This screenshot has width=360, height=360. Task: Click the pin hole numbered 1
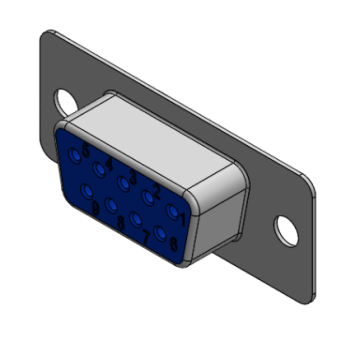pos(172,211)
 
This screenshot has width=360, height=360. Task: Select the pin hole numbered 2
pos(148,197)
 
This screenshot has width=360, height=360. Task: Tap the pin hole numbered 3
pos(123,182)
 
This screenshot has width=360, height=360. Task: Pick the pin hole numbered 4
pos(99,168)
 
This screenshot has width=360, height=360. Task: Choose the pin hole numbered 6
pos(160,233)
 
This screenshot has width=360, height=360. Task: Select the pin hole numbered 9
pos(86,191)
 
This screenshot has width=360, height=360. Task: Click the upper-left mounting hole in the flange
pos(66,101)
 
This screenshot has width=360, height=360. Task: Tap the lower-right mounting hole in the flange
pos(286,229)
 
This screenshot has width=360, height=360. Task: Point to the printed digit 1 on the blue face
pos(182,219)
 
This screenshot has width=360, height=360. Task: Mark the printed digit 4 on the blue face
pos(109,163)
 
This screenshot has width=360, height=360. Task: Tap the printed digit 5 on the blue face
pos(86,150)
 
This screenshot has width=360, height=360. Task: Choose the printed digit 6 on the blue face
pos(174,243)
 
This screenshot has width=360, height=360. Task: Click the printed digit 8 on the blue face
pos(121,223)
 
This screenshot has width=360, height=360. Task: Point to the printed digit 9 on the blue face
pos(96,208)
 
